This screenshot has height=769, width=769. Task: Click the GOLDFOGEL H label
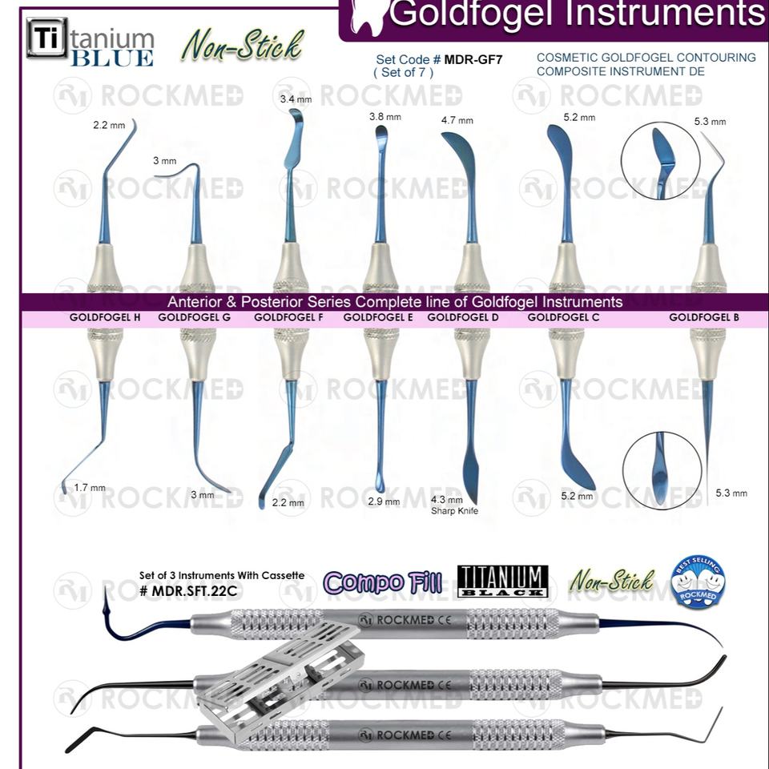point(105,317)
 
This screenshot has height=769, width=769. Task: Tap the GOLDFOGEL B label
point(704,317)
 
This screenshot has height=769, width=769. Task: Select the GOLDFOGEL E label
point(378,317)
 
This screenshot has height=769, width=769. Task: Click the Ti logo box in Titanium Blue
point(47,38)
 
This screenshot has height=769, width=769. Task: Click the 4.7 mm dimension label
point(457,120)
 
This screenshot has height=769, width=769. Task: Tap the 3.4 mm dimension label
point(296,99)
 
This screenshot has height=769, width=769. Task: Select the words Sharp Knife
point(454,510)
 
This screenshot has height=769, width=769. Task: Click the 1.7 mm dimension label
point(89,487)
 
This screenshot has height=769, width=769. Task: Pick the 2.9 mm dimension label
point(383,501)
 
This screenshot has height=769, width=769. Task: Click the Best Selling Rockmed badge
point(698,582)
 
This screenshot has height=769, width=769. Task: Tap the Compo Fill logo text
point(383,582)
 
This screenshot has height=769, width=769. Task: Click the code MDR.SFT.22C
point(190,590)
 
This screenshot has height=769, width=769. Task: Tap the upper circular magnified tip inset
point(660,161)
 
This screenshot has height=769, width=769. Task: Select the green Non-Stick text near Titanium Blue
point(242,46)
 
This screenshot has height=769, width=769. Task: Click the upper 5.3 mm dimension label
point(710,122)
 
